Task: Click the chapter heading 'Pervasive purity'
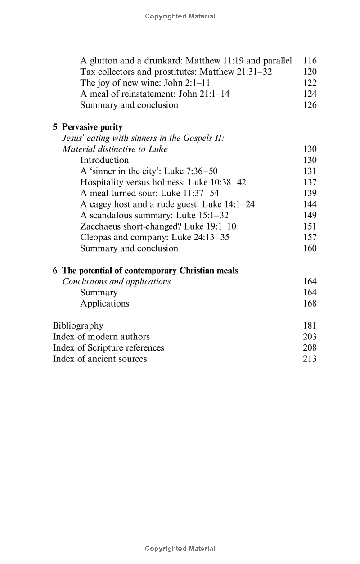pos(92,127)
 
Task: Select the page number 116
pos(310,60)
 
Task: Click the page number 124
pos(310,94)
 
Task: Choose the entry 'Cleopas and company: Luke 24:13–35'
pos(154,237)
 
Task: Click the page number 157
pos(310,237)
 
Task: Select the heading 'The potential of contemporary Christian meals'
pos(150,271)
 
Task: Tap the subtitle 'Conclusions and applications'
pos(116,282)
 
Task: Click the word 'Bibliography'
pos(78,325)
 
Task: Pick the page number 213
pos(310,359)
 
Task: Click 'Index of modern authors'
pos(101,337)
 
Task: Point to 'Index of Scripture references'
pos(108,347)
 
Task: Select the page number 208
pos(310,347)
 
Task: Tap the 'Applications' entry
pos(104,303)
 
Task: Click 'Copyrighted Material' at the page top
pos(180,16)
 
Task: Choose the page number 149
pos(310,215)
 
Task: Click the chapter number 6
pos(55,271)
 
